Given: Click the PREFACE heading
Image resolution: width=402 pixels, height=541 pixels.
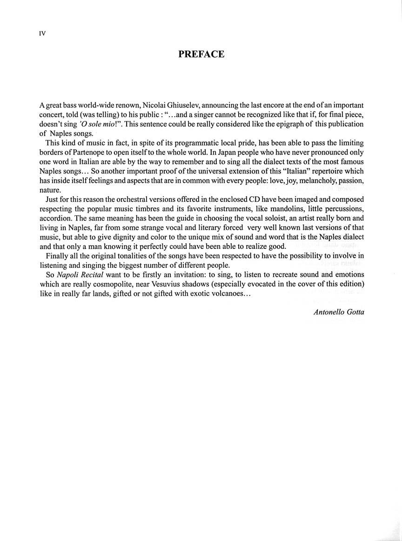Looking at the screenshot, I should [x=201, y=54].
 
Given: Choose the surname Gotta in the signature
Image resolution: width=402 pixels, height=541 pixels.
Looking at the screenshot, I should [x=355, y=312].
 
